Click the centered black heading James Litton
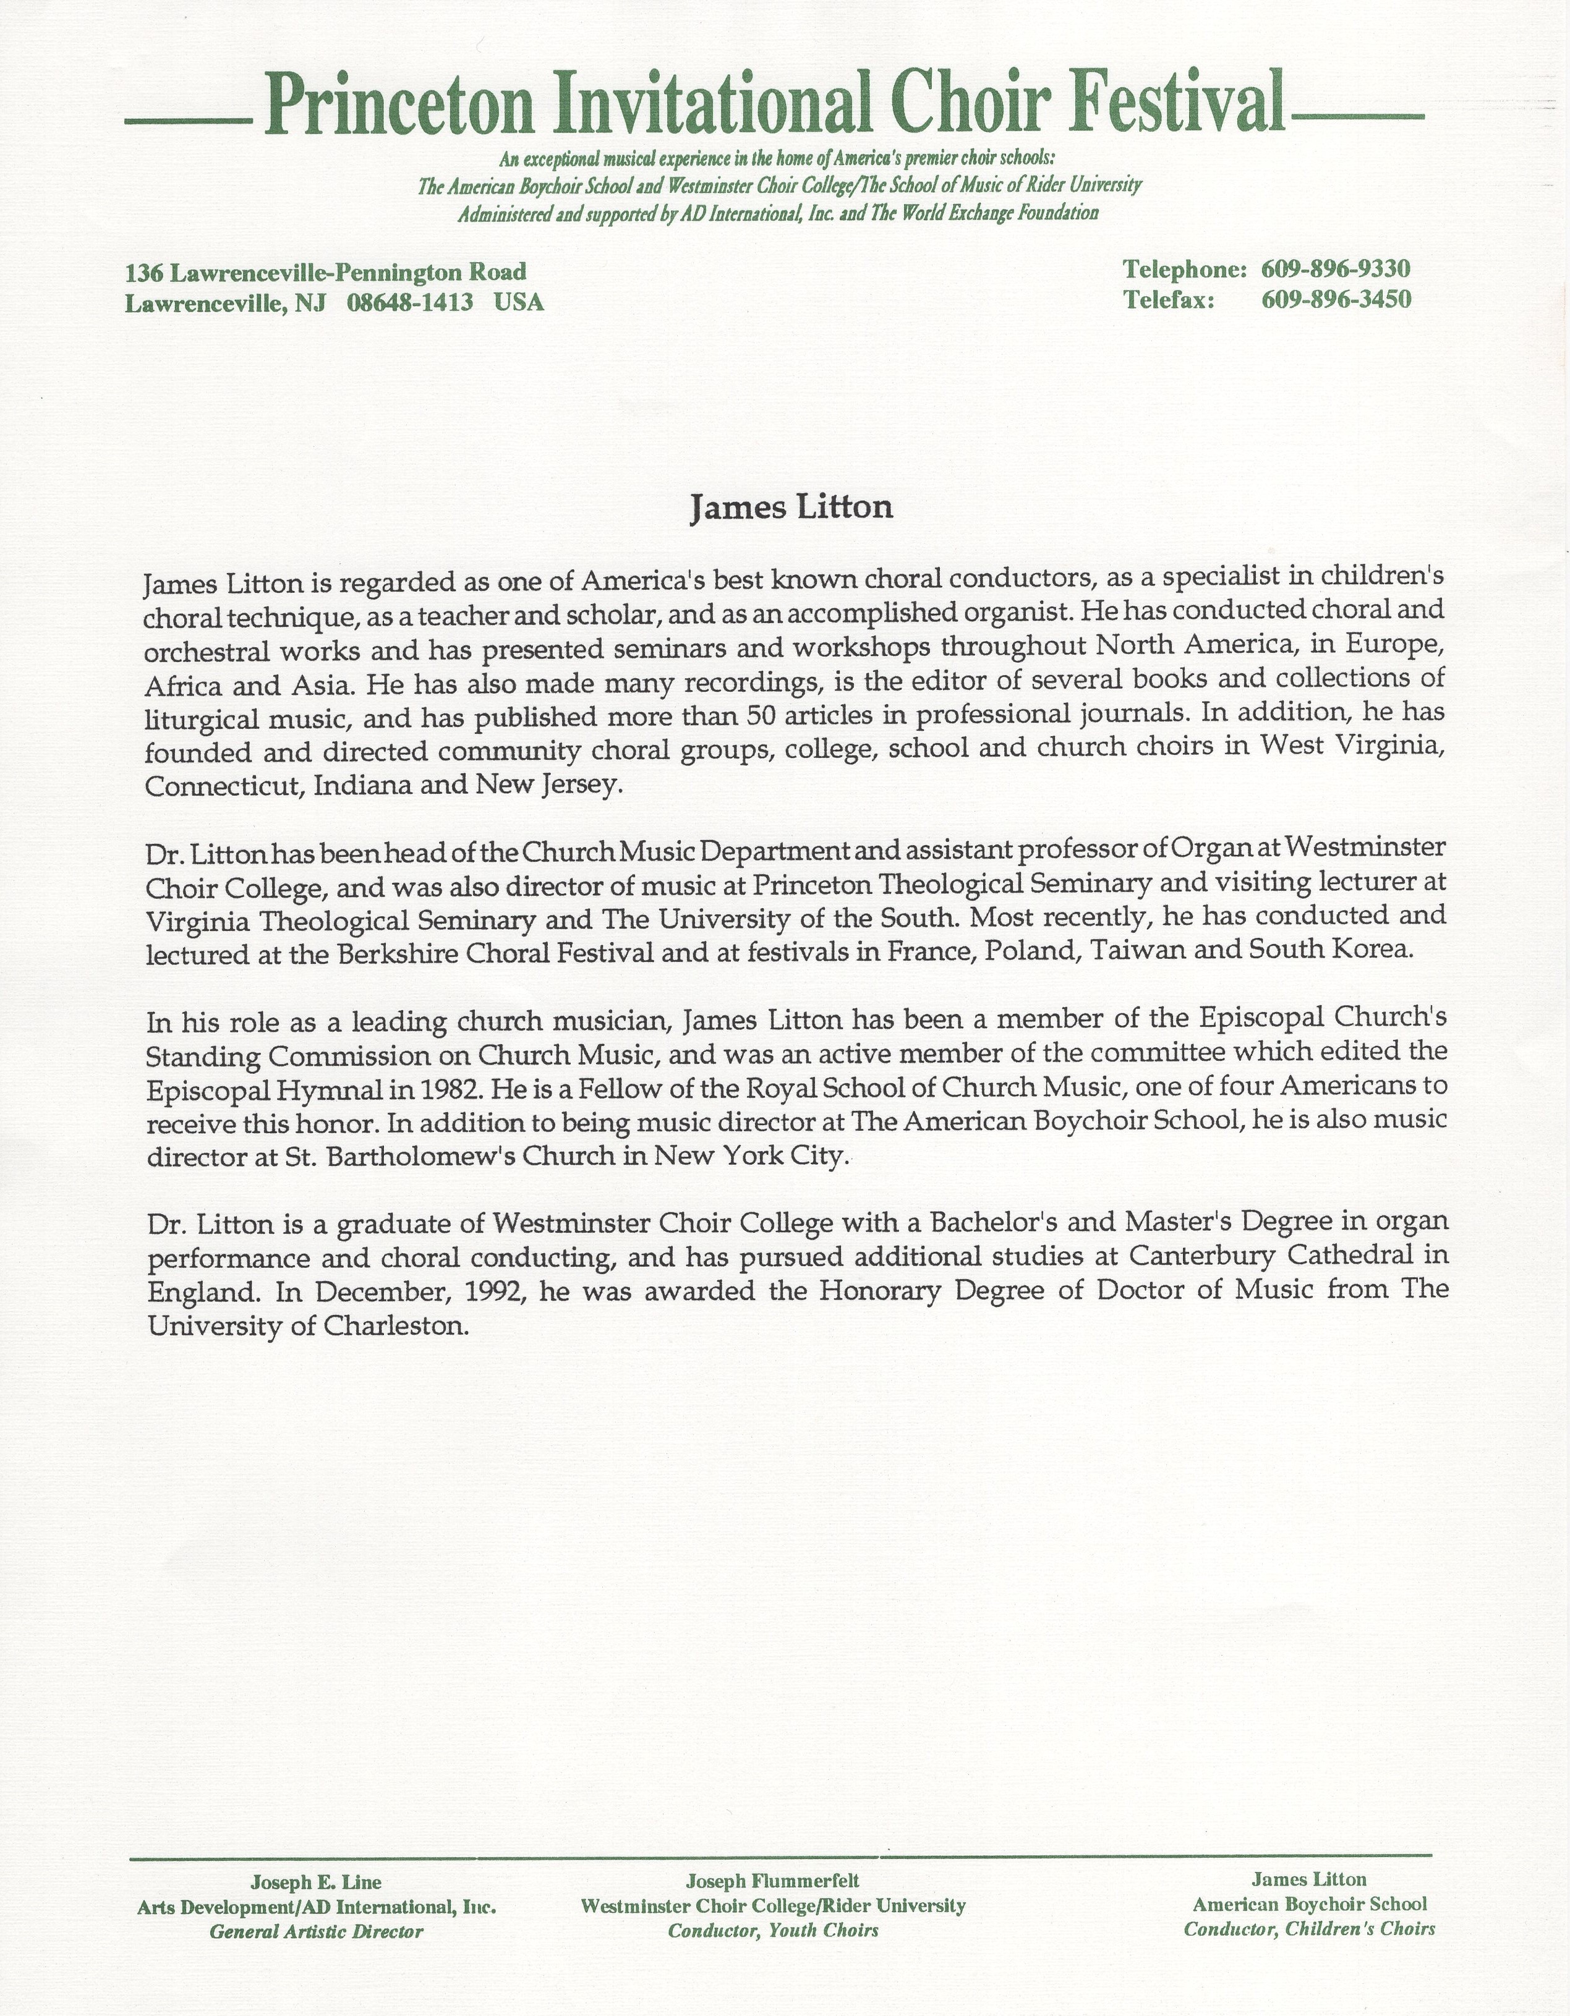(x=791, y=509)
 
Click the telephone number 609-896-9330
(x=1336, y=270)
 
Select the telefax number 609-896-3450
(x=1336, y=300)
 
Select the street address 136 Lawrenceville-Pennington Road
(x=326, y=272)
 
